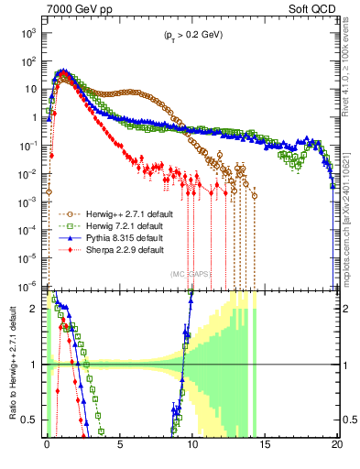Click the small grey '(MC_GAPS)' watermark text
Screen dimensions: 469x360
191,273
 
